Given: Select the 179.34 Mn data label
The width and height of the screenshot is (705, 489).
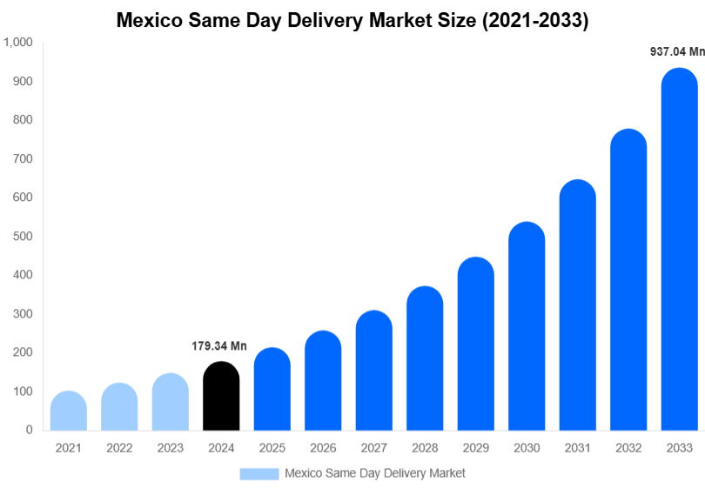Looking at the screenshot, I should [x=219, y=346].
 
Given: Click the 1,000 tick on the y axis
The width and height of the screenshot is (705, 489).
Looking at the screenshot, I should [x=18, y=43].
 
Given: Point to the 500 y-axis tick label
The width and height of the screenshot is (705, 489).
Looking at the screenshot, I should [x=23, y=237].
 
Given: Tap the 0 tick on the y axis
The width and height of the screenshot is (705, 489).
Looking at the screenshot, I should [x=29, y=430].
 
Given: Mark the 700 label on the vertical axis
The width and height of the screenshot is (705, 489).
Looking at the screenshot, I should [x=23, y=159].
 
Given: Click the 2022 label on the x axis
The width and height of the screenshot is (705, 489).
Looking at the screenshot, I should [x=119, y=448].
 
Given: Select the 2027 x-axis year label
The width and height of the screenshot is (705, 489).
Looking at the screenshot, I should [x=373, y=448].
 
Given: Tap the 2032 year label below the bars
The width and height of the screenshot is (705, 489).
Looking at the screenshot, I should [x=628, y=448].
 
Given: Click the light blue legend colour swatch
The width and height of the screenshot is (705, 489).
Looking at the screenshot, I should [x=259, y=473].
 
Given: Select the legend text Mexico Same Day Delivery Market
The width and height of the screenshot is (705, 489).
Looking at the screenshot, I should [x=375, y=473].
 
